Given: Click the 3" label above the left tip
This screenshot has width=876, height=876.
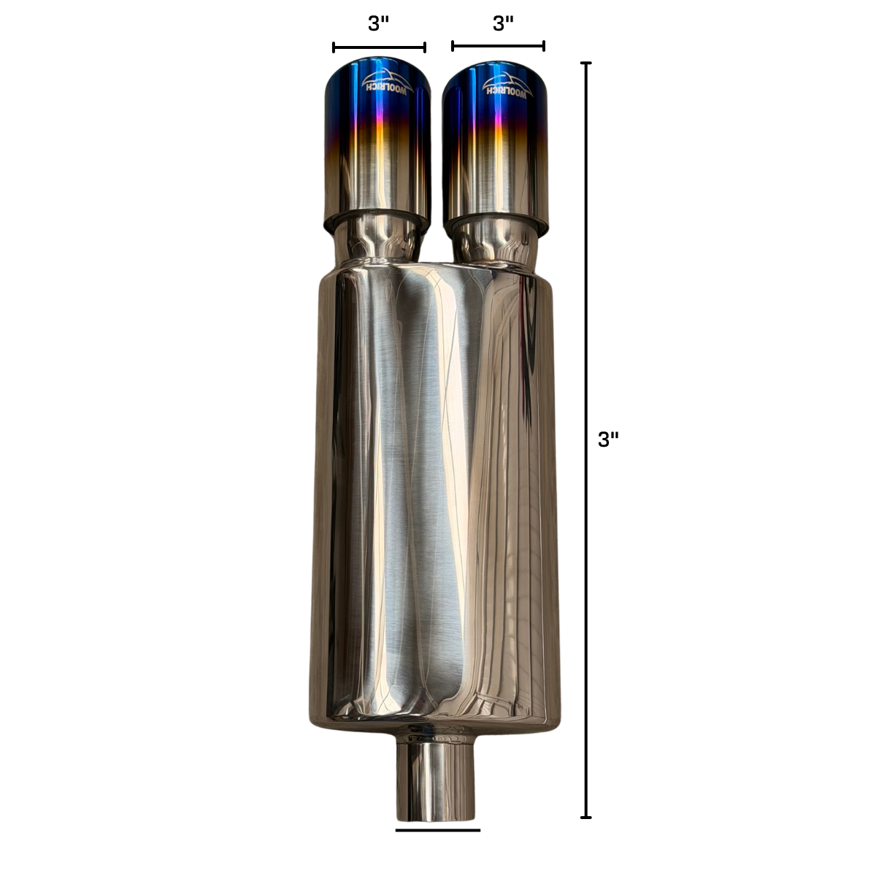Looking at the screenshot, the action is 379,23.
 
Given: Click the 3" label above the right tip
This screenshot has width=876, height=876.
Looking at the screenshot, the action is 503,23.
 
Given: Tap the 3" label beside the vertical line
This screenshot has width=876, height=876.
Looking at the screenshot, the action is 608,439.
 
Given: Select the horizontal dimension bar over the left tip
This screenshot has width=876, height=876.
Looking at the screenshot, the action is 379,47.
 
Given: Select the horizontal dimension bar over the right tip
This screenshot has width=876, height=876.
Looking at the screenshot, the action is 499,46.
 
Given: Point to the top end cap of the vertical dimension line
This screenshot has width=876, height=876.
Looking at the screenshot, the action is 586,63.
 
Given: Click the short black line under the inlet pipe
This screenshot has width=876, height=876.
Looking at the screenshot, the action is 438,830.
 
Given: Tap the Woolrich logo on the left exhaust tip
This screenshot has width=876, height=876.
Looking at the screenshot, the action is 388,81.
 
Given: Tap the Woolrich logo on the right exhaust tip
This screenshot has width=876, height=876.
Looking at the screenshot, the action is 507,85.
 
